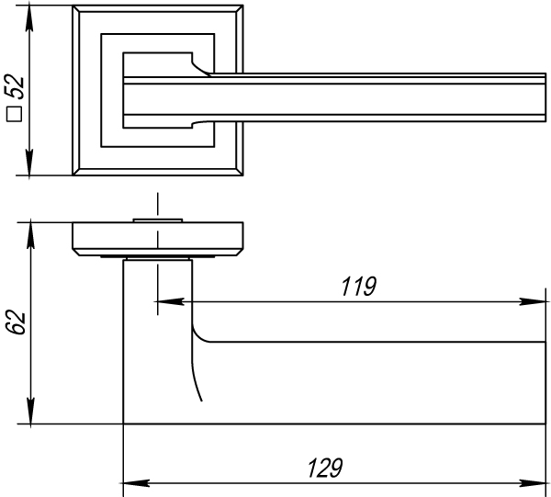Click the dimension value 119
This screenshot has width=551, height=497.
358,287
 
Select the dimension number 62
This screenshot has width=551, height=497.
16,322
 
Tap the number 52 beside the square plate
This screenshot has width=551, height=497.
16,89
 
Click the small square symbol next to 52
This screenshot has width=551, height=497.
15,115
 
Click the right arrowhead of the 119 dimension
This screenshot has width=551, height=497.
538,299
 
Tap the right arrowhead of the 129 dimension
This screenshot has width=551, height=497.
538,480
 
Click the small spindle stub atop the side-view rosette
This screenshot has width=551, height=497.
159,219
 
